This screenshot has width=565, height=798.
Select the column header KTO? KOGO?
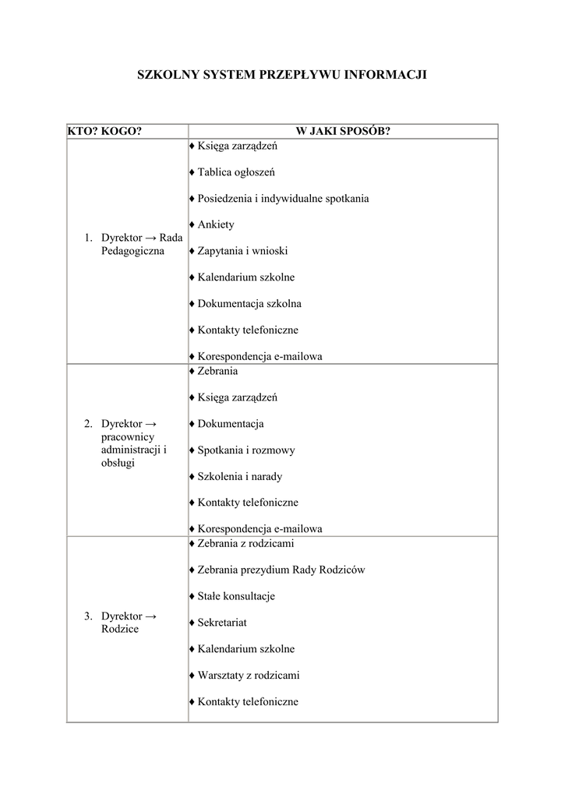tap(104, 131)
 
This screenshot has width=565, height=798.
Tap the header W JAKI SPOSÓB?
tap(342, 131)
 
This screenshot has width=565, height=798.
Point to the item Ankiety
tap(216, 225)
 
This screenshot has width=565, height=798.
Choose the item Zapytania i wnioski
tap(242, 251)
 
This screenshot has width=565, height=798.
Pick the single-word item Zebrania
tap(217, 372)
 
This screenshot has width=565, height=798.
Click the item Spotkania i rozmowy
tap(246, 450)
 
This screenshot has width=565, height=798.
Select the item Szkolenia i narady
tap(240, 477)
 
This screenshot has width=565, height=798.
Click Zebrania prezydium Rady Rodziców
tap(281, 570)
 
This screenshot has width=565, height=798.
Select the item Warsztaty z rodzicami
tap(248, 676)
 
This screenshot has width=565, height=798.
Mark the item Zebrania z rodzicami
tap(246, 543)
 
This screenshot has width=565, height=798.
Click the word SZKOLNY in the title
tap(167, 76)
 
